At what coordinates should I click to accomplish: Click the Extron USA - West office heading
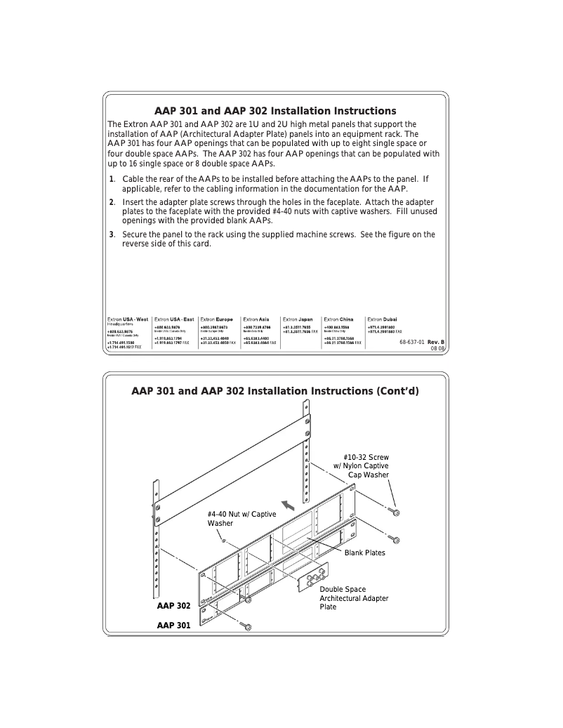pyautogui.click(x=127, y=319)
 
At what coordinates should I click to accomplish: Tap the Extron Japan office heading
pyautogui.click(x=298, y=319)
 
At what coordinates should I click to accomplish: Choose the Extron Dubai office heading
pyautogui.click(x=382, y=319)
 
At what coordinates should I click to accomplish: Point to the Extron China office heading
pyautogui.click(x=338, y=319)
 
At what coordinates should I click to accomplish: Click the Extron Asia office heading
pyautogui.click(x=256, y=319)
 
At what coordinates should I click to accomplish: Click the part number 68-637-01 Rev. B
pyautogui.click(x=422, y=341)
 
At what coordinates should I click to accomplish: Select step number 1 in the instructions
pyautogui.click(x=111, y=179)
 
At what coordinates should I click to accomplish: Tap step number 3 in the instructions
pyautogui.click(x=111, y=234)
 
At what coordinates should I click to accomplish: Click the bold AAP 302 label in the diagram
pyautogui.click(x=173, y=605)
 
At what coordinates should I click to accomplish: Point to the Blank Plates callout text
pyautogui.click(x=364, y=552)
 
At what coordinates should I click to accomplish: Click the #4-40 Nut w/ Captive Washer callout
pyautogui.click(x=241, y=519)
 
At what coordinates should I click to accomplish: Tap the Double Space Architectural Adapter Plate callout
pyautogui.click(x=354, y=598)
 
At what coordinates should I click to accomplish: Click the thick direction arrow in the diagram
pyautogui.click(x=286, y=504)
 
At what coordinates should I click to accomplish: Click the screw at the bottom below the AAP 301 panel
pyautogui.click(x=246, y=626)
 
